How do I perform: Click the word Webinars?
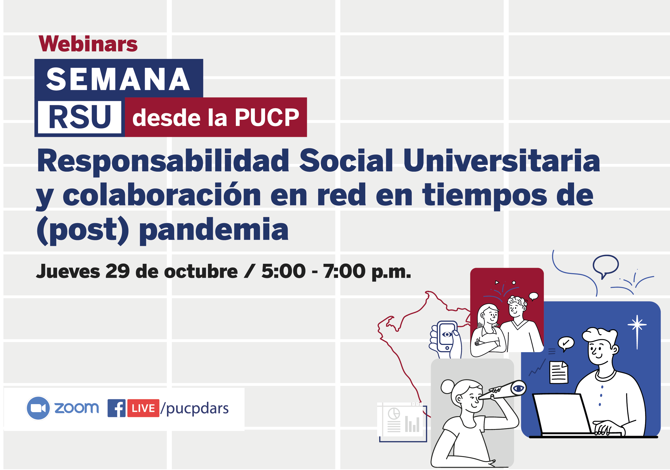tap(88, 44)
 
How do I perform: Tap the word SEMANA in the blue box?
tap(118, 79)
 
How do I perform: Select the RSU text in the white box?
tap(80, 117)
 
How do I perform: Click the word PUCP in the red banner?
tap(267, 118)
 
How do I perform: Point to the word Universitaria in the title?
tap(502, 161)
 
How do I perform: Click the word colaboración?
tap(162, 195)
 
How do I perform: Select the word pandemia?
tap(214, 230)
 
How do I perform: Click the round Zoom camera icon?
tap(38, 408)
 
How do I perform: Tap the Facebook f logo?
tap(116, 408)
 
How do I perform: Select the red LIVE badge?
tap(143, 408)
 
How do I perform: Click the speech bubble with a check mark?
tap(566, 343)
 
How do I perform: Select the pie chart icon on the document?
tap(394, 414)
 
